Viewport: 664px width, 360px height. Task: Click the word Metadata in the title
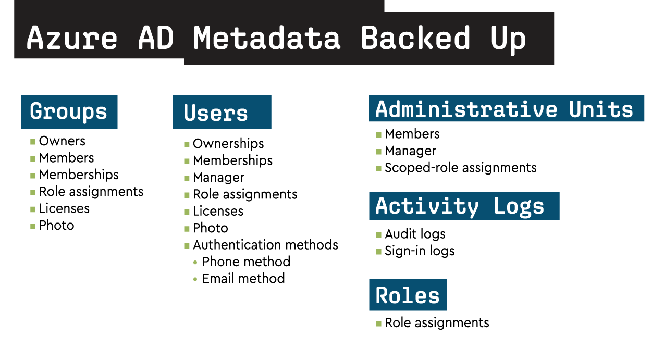pos(267,38)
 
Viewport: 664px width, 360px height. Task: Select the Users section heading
pos(215,113)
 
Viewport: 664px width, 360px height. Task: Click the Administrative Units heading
pos(504,109)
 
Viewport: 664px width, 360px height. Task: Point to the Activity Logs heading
pos(460,207)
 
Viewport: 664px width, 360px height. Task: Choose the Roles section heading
pos(407,295)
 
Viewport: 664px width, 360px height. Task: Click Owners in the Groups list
pos(62,141)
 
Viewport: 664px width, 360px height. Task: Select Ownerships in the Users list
pos(228,144)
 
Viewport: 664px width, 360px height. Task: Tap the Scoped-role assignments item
pos(461,168)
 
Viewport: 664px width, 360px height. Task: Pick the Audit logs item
pos(415,234)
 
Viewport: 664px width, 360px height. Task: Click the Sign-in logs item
pos(420,251)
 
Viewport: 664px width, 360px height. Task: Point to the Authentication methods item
pos(265,245)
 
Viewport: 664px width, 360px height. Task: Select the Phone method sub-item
pos(246,262)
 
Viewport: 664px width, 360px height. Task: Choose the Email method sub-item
pos(243,279)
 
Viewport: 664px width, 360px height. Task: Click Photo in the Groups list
pos(56,226)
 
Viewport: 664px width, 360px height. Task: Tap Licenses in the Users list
pos(218,212)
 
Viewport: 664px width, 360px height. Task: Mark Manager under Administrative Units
pos(410,151)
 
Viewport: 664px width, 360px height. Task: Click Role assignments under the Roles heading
pos(437,323)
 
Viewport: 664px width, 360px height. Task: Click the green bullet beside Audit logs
pos(378,235)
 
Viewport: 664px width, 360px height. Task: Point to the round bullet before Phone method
pos(195,262)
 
